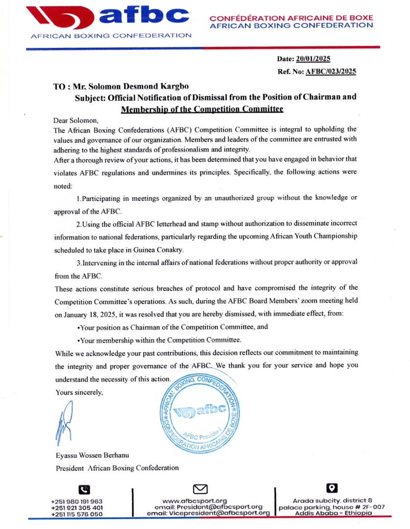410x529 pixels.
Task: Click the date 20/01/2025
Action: [313, 59]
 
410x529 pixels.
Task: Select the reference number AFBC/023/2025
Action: [331, 72]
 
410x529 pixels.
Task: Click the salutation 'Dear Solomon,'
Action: [77, 120]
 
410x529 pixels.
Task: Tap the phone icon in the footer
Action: [84, 489]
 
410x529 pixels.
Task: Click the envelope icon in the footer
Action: [201, 489]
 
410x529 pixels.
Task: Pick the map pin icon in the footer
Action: [332, 488]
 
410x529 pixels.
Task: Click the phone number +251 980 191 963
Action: [77, 501]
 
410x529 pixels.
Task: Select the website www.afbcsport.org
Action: [201, 501]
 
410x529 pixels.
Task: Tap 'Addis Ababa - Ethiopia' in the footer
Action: [334, 513]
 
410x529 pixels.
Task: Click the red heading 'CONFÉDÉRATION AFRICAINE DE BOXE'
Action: [291, 18]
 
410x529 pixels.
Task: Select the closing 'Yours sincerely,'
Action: [79, 392]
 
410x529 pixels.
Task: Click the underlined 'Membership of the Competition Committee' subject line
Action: [202, 108]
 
